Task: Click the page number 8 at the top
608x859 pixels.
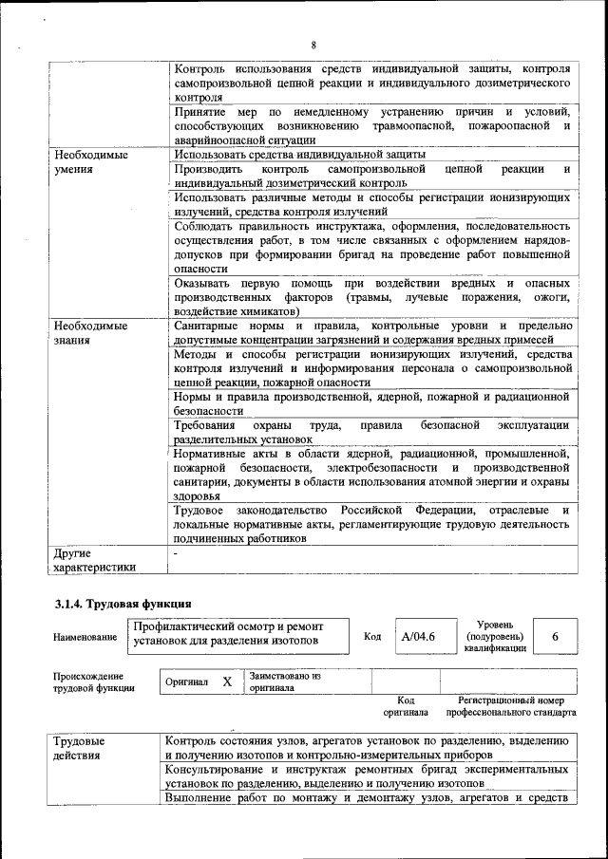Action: pos(313,45)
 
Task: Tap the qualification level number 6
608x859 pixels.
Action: pos(555,638)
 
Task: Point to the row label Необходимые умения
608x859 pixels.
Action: pos(91,162)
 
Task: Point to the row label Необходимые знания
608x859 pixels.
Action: pos(91,333)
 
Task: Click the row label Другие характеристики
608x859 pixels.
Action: pos(95,559)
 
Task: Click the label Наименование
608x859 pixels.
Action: pos(85,639)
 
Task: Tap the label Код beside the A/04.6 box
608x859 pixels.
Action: pos(372,638)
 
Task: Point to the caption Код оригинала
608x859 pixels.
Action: pos(406,705)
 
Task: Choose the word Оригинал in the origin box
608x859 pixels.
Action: pos(187,682)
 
